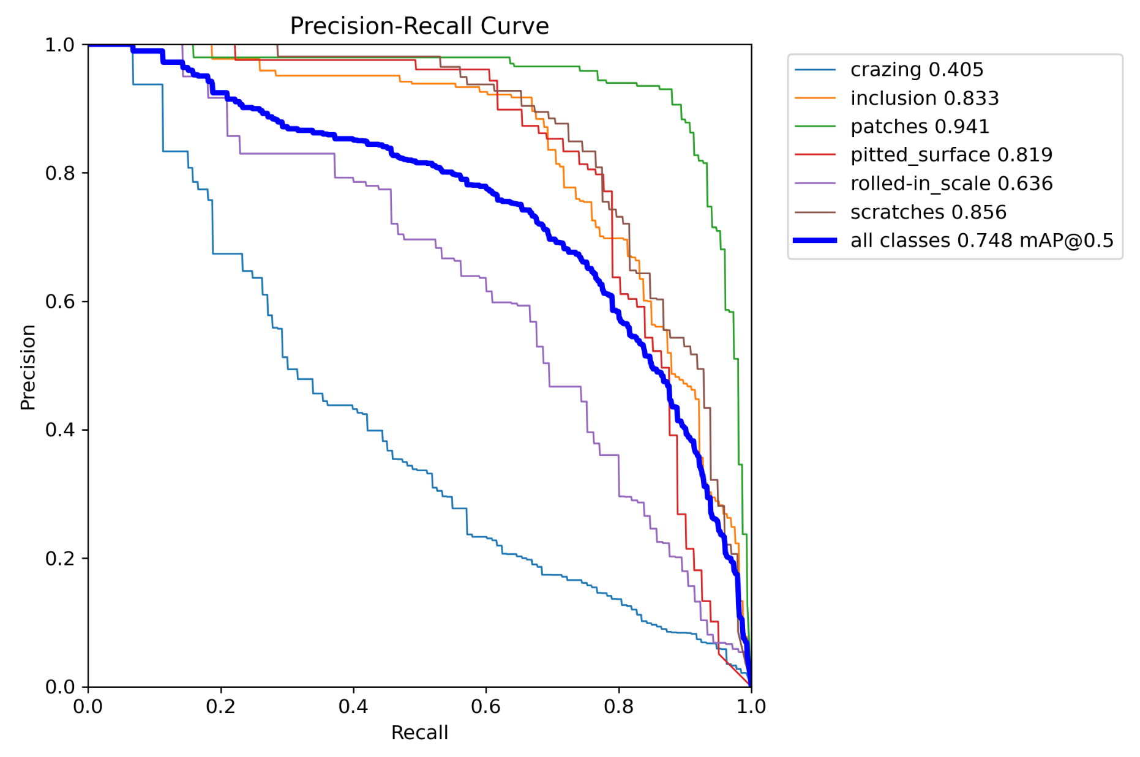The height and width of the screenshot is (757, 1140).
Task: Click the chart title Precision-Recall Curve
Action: coord(419,26)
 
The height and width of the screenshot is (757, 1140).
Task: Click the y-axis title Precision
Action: coord(28,367)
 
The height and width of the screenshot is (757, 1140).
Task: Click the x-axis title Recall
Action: coord(419,733)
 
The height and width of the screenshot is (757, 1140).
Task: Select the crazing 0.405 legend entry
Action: coord(917,70)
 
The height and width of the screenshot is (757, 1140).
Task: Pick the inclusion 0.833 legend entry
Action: coord(924,98)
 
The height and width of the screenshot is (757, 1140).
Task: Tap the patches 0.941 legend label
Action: coord(920,127)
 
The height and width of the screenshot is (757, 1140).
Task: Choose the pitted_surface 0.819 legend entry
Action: coord(951,155)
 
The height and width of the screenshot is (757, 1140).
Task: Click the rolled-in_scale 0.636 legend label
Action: coord(951,184)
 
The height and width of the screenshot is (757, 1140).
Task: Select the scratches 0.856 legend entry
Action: coord(928,212)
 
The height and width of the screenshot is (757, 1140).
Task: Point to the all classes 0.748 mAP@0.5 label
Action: coord(981,241)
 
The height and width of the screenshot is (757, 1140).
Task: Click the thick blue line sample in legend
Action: coord(815,241)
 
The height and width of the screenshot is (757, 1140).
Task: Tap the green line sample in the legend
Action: coord(815,127)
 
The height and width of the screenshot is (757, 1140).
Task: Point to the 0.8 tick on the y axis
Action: coord(59,173)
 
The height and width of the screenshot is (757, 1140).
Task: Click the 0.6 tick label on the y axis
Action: coord(59,302)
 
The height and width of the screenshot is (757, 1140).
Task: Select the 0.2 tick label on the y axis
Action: coord(59,559)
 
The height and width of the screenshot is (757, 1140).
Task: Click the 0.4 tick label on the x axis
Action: coord(353,707)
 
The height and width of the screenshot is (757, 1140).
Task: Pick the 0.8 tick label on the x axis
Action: coord(618,707)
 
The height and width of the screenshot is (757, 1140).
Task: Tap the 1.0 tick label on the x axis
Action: coord(751,707)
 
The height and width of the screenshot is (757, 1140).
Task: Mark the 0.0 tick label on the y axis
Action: coord(59,687)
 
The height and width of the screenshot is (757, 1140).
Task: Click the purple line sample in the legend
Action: coord(815,184)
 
